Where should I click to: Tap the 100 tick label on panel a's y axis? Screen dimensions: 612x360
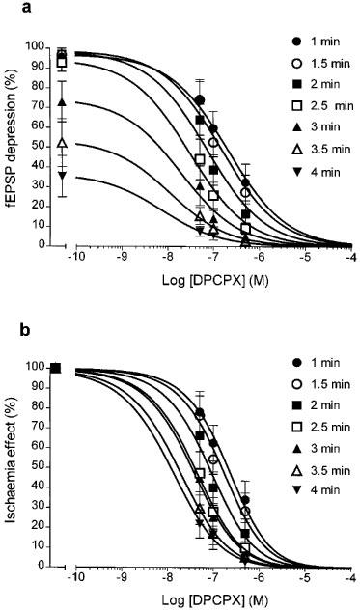pyautogui.click(x=36, y=46)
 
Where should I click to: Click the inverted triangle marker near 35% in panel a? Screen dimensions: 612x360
pyautogui.click(x=62, y=176)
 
